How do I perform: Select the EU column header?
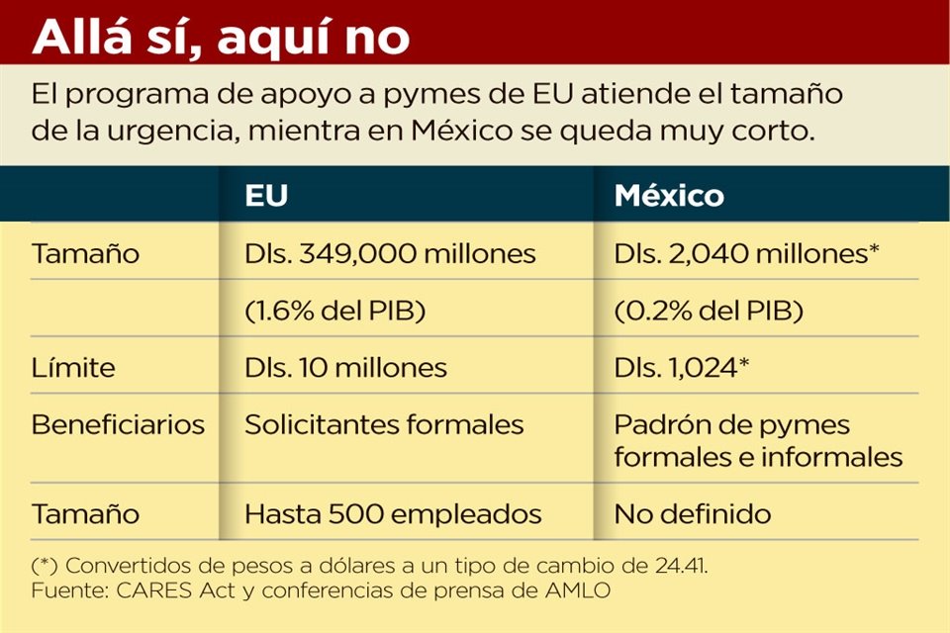tap(266, 195)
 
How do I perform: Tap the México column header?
tap(669, 195)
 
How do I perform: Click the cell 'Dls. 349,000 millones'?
tap(390, 254)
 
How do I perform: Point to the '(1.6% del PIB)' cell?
tap(334, 311)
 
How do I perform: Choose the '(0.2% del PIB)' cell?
tap(708, 311)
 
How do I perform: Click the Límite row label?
tap(73, 368)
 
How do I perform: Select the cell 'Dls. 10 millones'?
tap(345, 368)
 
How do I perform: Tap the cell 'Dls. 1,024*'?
tap(680, 368)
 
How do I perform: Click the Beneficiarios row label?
tap(118, 425)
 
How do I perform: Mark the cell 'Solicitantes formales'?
tap(384, 425)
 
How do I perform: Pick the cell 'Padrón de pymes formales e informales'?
tap(758, 441)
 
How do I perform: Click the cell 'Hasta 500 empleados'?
tap(393, 514)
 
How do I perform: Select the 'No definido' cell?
tap(692, 514)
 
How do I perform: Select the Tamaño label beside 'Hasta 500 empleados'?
tap(85, 514)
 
